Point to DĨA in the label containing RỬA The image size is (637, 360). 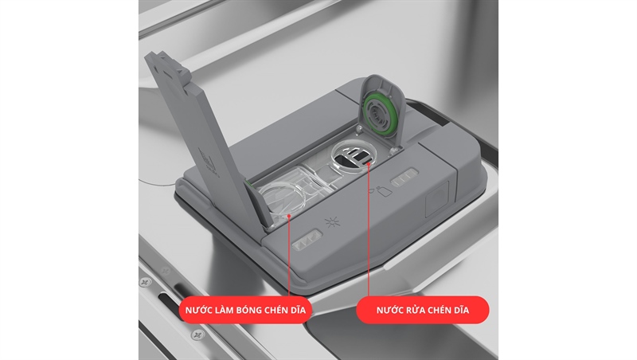coord(461,310)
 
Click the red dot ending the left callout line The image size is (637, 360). coord(289,216)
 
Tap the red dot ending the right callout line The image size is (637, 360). coord(369,164)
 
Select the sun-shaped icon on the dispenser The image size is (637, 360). coord(332,222)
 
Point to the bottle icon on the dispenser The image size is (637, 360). coord(383,190)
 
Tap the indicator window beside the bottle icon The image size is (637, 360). coord(404,177)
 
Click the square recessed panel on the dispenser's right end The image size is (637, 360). coord(437,198)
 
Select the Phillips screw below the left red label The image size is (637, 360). coord(197,335)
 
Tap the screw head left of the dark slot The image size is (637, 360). coord(145,282)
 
